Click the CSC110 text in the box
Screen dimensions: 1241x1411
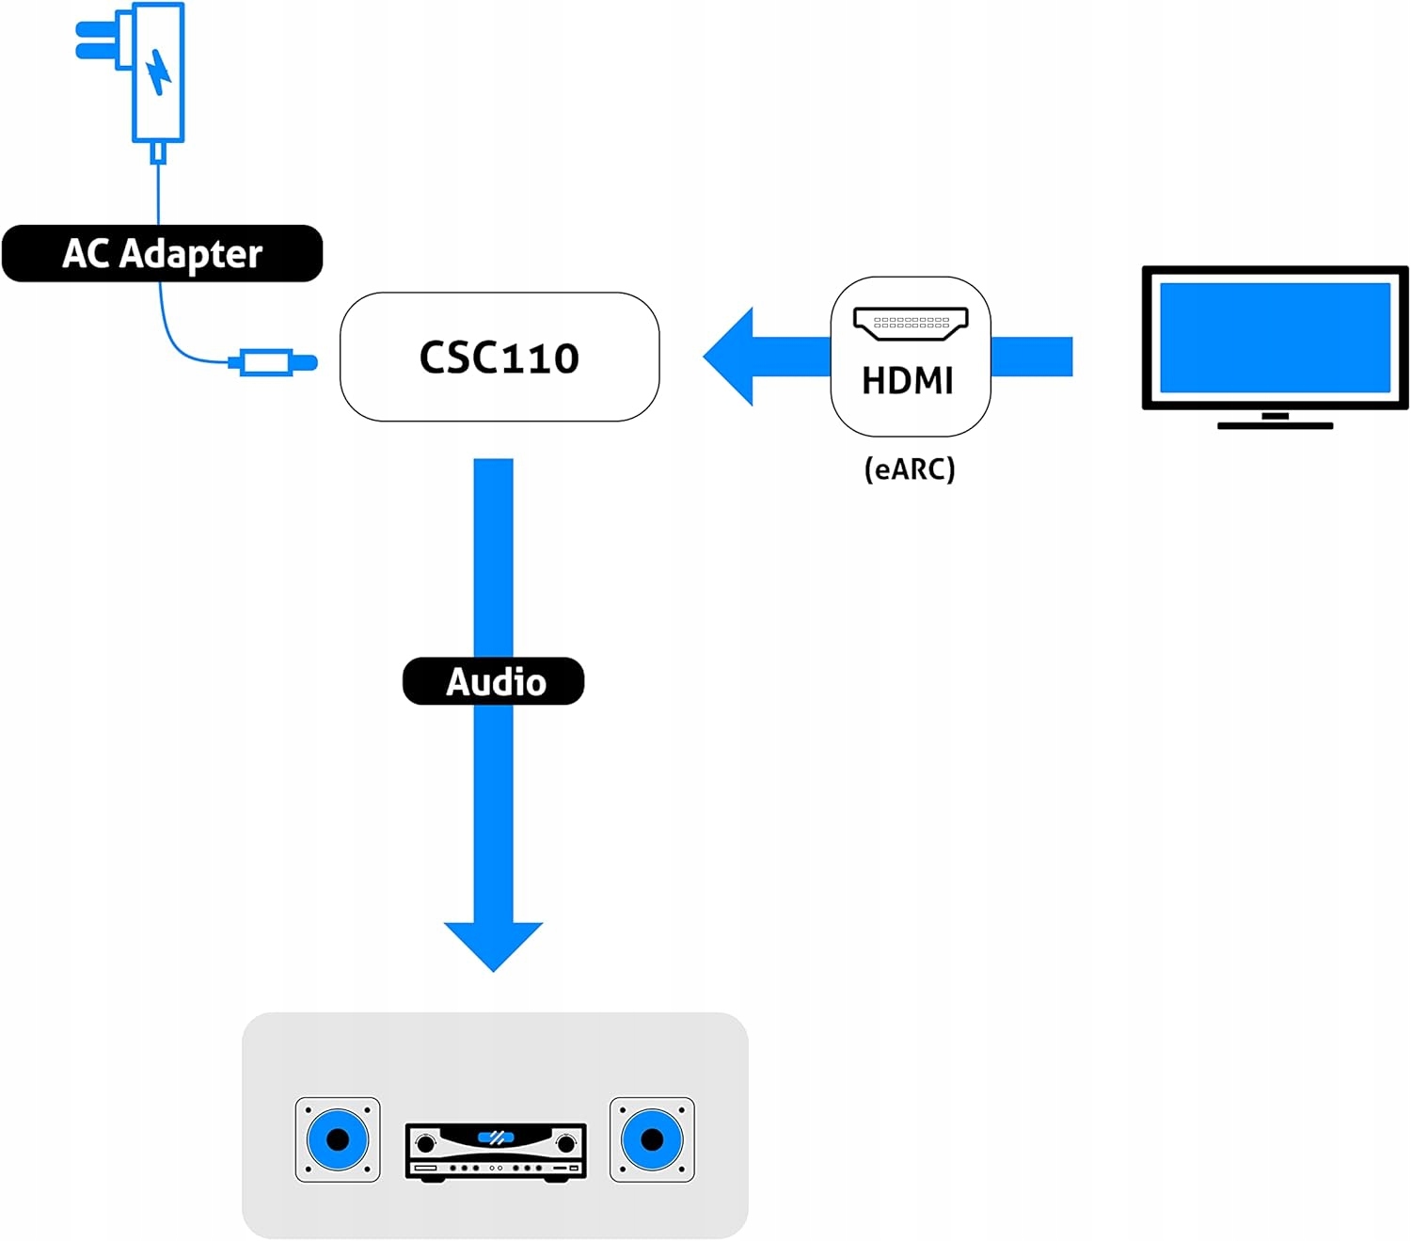click(x=499, y=358)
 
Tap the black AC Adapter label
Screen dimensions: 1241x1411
click(x=162, y=253)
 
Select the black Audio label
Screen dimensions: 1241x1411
click(x=494, y=681)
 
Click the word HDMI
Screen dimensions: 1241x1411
click(x=908, y=381)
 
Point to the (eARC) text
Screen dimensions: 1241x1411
click(x=910, y=469)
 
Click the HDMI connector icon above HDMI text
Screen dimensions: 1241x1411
click(x=911, y=323)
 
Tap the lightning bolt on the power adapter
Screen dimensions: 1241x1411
click(x=159, y=71)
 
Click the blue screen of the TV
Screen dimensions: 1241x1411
click(x=1275, y=337)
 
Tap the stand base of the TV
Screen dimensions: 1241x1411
click(x=1275, y=425)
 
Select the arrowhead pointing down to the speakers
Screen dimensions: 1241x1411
click(x=493, y=945)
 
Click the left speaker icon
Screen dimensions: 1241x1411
click(x=338, y=1139)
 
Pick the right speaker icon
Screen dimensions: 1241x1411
click(x=652, y=1139)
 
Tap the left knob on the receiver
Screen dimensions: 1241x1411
click(x=425, y=1143)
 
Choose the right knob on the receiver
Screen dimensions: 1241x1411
click(x=566, y=1143)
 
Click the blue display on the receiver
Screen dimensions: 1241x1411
click(x=496, y=1138)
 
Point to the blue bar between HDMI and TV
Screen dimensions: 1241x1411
click(x=1032, y=357)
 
